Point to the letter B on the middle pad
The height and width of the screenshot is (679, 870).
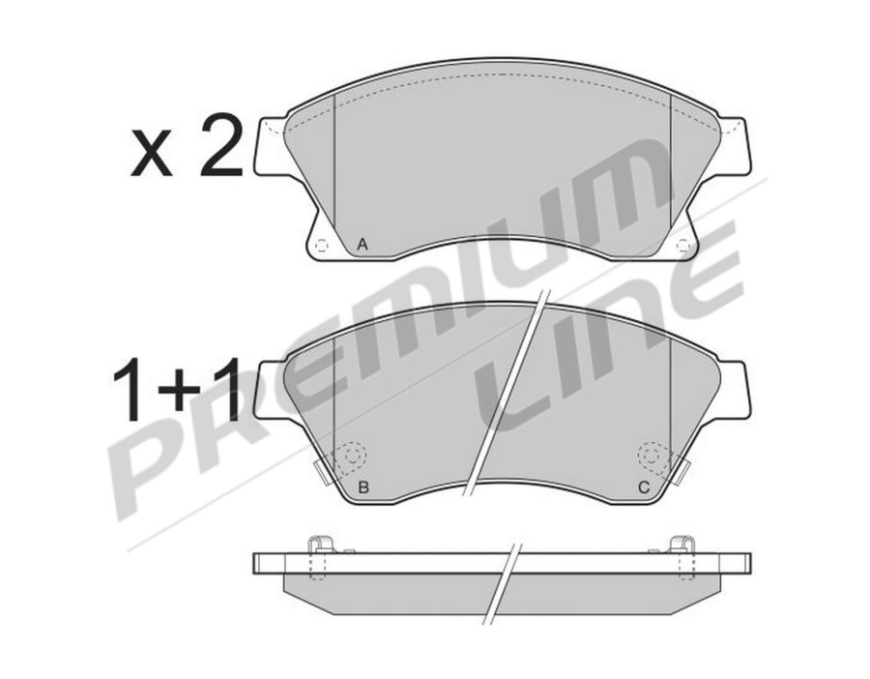(362, 487)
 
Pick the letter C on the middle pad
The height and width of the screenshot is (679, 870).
(642, 487)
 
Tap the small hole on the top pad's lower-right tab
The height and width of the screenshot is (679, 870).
(683, 245)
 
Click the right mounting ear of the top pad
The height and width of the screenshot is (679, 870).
(735, 146)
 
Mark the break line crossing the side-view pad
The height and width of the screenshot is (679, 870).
(505, 580)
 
